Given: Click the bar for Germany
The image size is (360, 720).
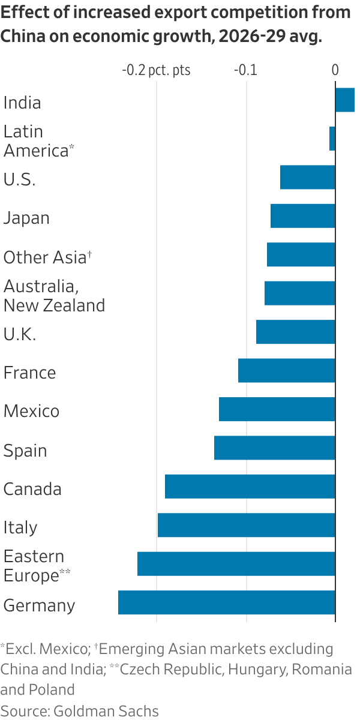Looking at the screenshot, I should pos(226,602).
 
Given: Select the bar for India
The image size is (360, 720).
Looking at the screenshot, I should pos(345,100).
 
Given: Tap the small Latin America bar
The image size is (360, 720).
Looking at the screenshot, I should pos(332,139).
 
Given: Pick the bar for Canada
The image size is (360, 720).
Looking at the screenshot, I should pos(250,486).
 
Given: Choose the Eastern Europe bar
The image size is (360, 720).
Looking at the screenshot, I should pos(236,564).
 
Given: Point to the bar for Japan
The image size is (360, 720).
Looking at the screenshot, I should pos(302,216).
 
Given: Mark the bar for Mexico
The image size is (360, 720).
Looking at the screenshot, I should pos(277,409).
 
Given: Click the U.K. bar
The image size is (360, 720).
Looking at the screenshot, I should pos(295,332).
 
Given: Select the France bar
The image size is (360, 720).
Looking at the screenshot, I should pos(286,370).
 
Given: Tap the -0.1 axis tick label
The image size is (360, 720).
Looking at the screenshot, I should pos(245,70).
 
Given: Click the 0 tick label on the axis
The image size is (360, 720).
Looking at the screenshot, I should pos(335,70).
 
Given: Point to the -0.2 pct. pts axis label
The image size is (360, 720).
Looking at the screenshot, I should pos(156,70).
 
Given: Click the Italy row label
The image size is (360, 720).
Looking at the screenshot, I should pos(20,527).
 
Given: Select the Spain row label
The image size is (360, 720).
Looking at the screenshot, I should pos(25,451).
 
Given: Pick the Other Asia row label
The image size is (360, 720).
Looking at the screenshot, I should pos(45,257).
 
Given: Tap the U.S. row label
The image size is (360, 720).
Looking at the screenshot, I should pos(19,179).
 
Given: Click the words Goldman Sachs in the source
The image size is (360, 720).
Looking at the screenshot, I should pos(106,711).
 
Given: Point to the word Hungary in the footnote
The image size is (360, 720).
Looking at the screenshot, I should pos(245,669).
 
